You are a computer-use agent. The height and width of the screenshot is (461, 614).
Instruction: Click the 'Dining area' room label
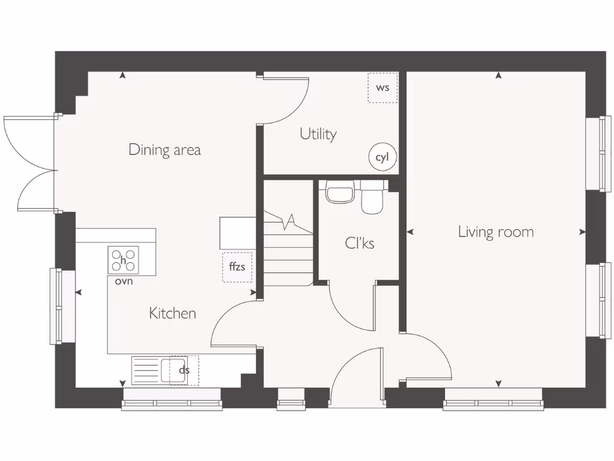pyautogui.click(x=164, y=149)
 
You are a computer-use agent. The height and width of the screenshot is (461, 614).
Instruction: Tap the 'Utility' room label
pyautogui.click(x=318, y=134)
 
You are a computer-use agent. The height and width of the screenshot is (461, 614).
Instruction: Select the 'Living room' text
pyautogui.click(x=495, y=232)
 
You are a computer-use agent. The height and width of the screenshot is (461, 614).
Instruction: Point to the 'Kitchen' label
pyautogui.click(x=172, y=313)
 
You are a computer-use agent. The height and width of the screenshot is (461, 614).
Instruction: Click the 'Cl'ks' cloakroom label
pyautogui.click(x=360, y=243)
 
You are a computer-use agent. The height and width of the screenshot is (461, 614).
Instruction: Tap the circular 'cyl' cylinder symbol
pyautogui.click(x=382, y=157)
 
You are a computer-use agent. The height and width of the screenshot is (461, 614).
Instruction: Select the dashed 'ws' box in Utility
pyautogui.click(x=383, y=88)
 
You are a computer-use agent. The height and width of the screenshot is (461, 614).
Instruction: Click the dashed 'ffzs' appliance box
pyautogui.click(x=237, y=267)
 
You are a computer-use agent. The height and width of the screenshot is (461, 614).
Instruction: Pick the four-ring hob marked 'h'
pyautogui.click(x=123, y=260)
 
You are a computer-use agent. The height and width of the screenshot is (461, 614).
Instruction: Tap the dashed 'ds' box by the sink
pyautogui.click(x=184, y=370)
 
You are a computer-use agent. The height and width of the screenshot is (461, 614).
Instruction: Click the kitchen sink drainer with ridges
pyautogui.click(x=145, y=370)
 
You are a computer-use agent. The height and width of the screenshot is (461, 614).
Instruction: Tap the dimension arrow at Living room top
pyautogui.click(x=498, y=76)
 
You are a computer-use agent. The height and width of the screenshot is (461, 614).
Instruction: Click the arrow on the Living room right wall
pyautogui.click(x=582, y=232)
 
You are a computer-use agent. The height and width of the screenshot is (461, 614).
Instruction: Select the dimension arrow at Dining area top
pyautogui.click(x=123, y=76)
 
